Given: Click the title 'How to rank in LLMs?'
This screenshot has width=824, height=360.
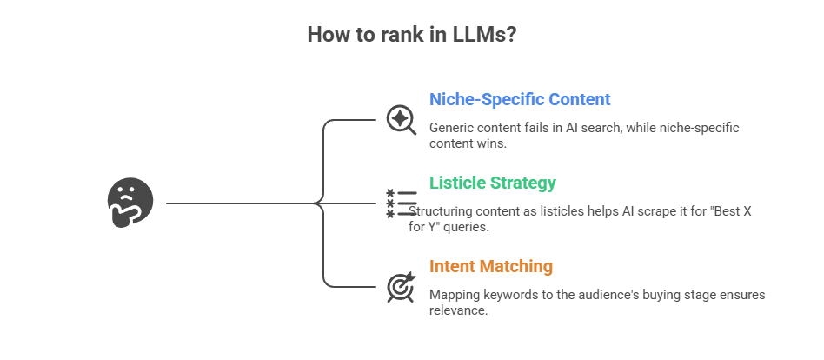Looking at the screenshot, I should [411, 35].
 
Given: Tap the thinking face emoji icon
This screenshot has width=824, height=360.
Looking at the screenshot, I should [130, 203].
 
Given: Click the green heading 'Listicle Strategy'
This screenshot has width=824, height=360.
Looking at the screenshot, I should [493, 183].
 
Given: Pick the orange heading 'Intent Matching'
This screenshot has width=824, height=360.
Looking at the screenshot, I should [491, 266].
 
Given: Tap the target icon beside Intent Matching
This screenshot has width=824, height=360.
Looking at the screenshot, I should [400, 286].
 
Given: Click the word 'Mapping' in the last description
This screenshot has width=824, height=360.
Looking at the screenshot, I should [455, 295].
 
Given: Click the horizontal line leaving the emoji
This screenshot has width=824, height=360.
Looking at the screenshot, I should [235, 203].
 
